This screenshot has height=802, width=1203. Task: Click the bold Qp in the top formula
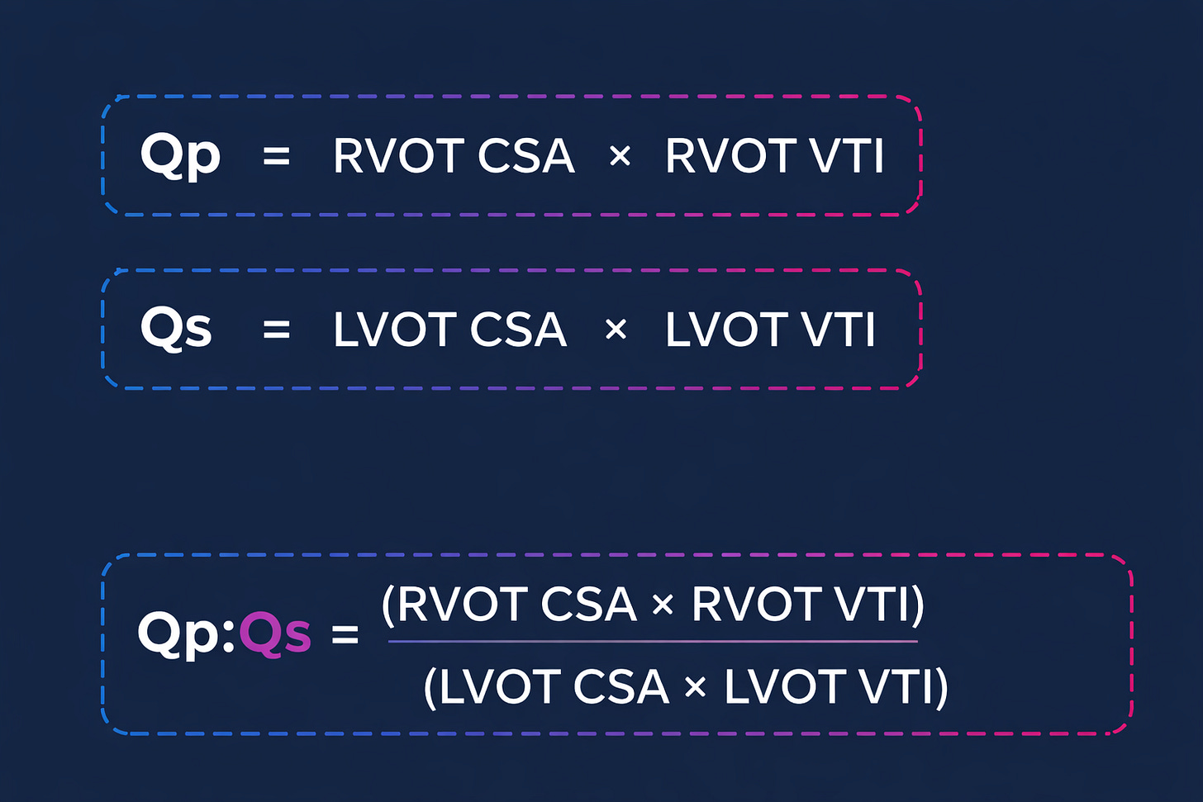coord(180,156)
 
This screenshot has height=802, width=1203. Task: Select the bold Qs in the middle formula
coord(176,329)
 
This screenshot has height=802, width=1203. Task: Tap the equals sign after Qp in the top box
coord(277,156)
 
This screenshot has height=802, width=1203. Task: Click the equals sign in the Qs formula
coord(277,329)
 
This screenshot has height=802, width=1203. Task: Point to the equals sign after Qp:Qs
coord(345,634)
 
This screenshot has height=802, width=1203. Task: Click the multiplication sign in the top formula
coord(621,156)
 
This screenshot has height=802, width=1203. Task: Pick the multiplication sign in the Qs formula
coord(616,329)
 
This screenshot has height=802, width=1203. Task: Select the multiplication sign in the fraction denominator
coord(696,688)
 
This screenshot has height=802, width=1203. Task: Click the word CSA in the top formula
coord(526,156)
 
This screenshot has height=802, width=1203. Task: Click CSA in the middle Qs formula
coord(519,329)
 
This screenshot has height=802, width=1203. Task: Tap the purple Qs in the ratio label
coord(275,634)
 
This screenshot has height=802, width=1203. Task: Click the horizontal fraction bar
coord(653,642)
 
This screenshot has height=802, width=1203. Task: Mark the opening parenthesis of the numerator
coord(388,605)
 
